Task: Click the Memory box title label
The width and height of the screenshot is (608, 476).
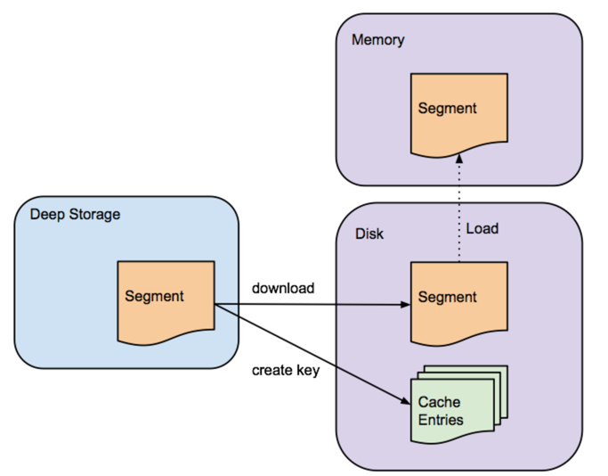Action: pyautogui.click(x=377, y=40)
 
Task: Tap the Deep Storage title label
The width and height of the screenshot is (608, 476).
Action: pyautogui.click(x=75, y=214)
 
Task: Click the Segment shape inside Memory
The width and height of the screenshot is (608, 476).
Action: pyautogui.click(x=458, y=111)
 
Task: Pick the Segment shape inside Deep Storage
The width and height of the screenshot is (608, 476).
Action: pyautogui.click(x=166, y=301)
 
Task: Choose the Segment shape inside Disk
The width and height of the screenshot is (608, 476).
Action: pyautogui.click(x=458, y=301)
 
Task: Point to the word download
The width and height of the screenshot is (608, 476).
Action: pyautogui.click(x=282, y=288)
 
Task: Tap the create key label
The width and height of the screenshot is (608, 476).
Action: pyautogui.click(x=285, y=369)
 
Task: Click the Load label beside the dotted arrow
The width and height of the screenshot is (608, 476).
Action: pyautogui.click(x=482, y=229)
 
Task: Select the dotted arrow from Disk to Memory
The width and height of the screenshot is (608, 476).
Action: pyautogui.click(x=459, y=214)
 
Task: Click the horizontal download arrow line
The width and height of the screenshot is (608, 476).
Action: pyautogui.click(x=312, y=304)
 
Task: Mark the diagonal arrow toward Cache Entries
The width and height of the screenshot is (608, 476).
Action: pyautogui.click(x=312, y=353)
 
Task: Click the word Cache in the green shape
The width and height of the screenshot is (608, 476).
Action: pyautogui.click(x=438, y=403)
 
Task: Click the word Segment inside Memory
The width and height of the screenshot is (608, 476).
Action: pyautogui.click(x=448, y=109)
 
